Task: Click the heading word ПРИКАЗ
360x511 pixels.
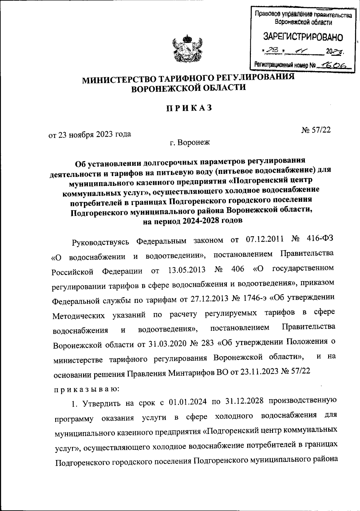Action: pos(189,108)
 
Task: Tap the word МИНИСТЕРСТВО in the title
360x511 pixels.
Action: pos(118,80)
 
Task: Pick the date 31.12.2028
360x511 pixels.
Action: pos(243,401)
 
